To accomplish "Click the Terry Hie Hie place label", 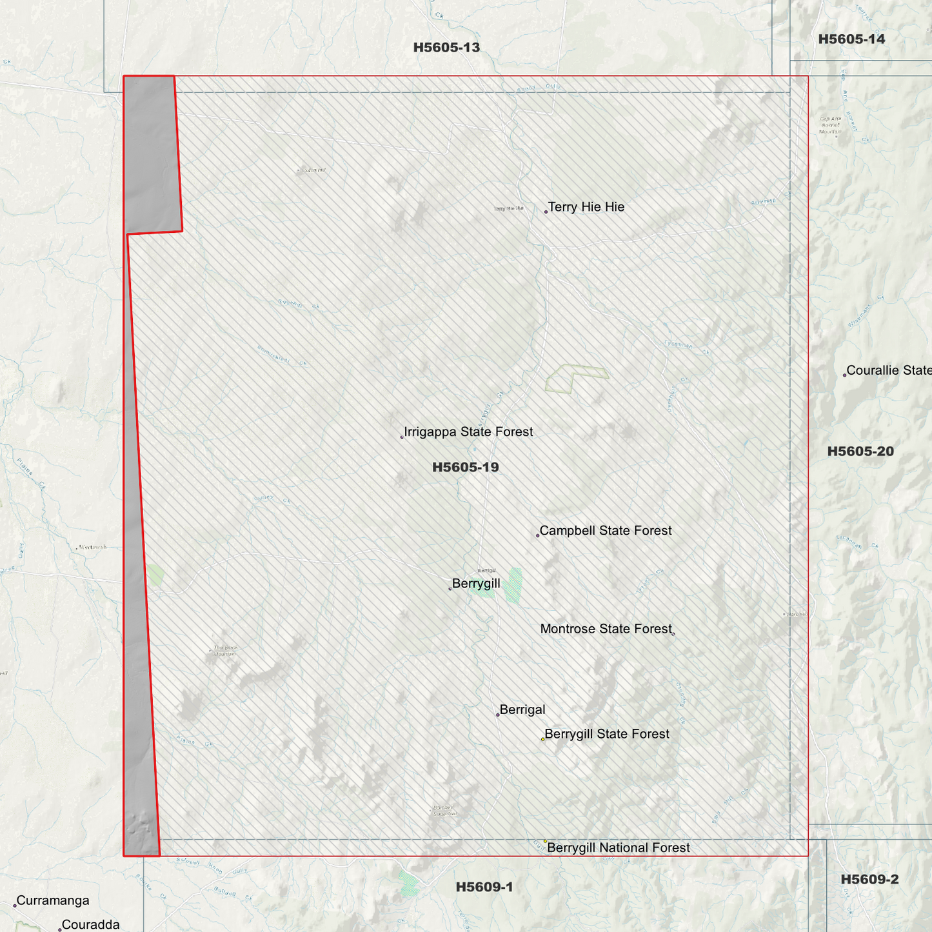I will pos(586,207).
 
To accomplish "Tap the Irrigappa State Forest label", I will pos(468,432).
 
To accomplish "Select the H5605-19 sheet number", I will pos(465,468).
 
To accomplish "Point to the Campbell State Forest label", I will pos(606,531).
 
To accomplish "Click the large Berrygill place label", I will pos(476,584).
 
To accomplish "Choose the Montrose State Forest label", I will pos(606,629).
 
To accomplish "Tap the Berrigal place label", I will pos(522,710).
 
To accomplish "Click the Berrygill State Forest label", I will pos(607,734).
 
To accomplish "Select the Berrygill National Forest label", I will pos(618,848).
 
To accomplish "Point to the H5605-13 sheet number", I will pos(446,48).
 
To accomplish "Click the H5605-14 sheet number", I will pos(851,39).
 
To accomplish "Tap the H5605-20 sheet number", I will pos(860,451).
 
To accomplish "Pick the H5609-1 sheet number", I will pos(484,887).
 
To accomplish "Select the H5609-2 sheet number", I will pos(869,880).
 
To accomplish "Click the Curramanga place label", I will pos(53,901).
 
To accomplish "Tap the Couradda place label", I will pos(90,925).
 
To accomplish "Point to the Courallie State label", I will pos(889,370).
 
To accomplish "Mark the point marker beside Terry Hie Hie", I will pos(546,212).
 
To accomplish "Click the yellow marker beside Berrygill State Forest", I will pos(542,739).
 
